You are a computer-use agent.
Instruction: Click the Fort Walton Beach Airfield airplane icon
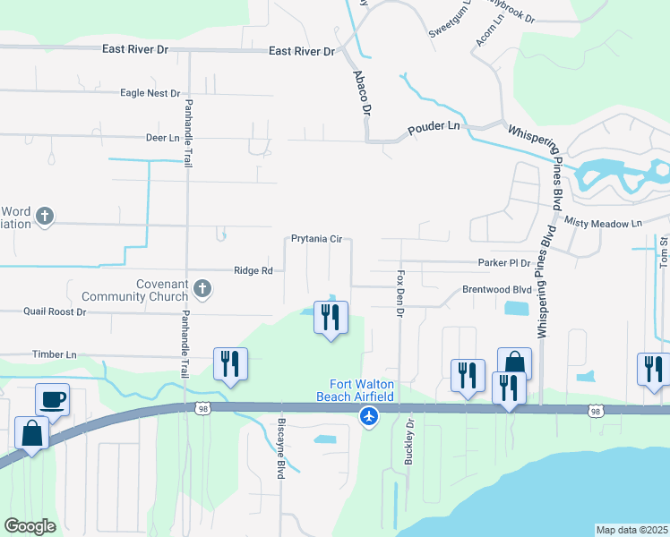pyautogui.click(x=368, y=416)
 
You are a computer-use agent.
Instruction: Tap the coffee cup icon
pyautogui.click(x=52, y=399)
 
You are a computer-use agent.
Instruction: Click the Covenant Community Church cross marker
pyautogui.click(x=203, y=288)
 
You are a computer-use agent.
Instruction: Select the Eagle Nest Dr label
pyautogui.click(x=150, y=93)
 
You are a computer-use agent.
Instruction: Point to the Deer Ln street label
pyautogui.click(x=162, y=138)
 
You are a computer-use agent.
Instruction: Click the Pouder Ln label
pyautogui.click(x=434, y=127)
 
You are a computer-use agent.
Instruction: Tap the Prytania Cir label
pyautogui.click(x=317, y=239)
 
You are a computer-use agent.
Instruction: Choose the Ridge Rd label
pyautogui.click(x=253, y=269)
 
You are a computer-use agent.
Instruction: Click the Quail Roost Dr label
pyautogui.click(x=55, y=312)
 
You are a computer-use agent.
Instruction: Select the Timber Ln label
pyautogui.click(x=55, y=354)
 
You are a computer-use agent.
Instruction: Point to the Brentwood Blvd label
pyautogui.click(x=496, y=290)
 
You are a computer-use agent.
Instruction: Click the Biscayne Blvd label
pyautogui.click(x=280, y=447)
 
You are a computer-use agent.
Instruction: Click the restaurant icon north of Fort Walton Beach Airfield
pyautogui.click(x=331, y=316)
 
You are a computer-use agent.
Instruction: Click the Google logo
pyautogui.click(x=30, y=526)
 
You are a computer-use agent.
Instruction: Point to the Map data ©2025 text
pyautogui.click(x=631, y=530)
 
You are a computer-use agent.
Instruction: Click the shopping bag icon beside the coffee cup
pyautogui.click(x=32, y=433)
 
